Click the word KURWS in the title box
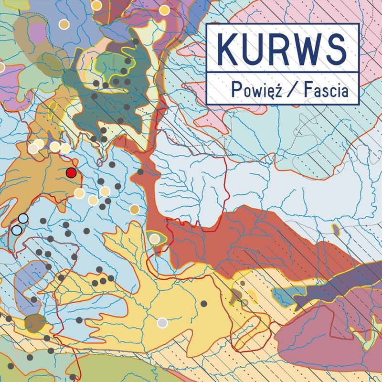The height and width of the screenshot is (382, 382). coord(282,50)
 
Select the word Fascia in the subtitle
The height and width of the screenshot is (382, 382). coord(329,89)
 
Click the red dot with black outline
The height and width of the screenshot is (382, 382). coord(71,173)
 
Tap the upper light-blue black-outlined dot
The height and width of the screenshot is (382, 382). coord(23,219)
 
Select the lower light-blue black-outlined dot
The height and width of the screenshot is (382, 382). coord(17,230)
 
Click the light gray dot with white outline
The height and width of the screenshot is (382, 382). coord(162,323)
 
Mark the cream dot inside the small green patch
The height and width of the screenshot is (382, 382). coord(154,239)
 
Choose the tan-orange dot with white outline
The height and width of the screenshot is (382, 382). coord(135,209)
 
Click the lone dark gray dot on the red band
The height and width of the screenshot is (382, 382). coord(140,172)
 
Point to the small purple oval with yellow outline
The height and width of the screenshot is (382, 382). coord(336,230)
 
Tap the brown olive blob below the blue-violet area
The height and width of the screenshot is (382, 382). coord(35,323)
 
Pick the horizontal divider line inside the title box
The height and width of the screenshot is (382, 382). coord(282,73)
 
